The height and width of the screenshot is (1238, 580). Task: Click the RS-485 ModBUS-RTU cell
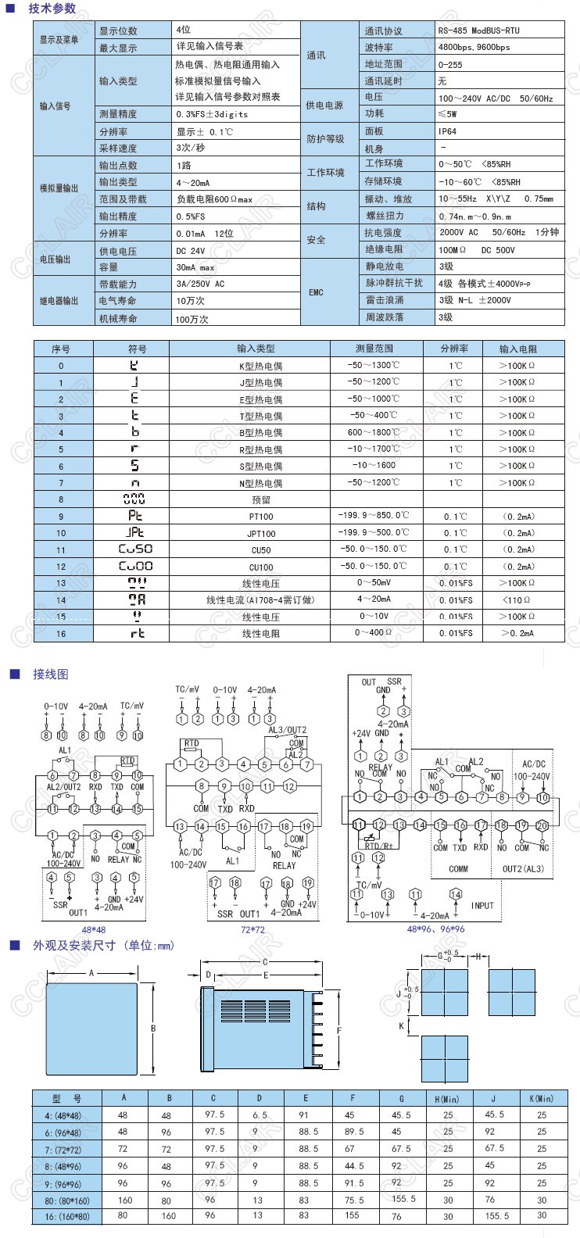478,30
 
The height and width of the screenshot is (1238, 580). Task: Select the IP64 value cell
448,131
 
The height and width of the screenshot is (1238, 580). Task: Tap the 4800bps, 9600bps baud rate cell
474,47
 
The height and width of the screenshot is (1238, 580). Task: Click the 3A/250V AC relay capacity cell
200,284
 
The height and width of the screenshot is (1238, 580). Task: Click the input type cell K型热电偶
260,366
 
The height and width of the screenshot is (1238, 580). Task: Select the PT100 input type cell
260,517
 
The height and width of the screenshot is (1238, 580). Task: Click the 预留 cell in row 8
260,499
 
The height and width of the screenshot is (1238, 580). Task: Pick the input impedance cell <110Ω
517,599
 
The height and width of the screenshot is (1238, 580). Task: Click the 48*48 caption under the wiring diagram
93,930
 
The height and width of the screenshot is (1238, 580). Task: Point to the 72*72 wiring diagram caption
252,930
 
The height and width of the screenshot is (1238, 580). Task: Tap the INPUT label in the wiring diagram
482,905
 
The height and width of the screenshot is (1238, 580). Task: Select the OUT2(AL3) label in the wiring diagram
523,868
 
